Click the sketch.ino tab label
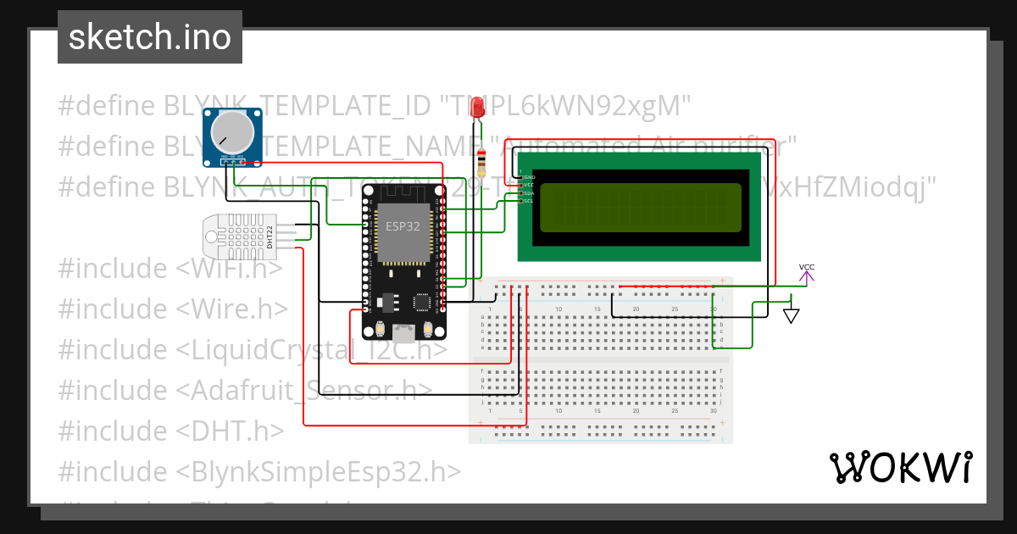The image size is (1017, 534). [150, 38]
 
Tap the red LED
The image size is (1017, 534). [478, 108]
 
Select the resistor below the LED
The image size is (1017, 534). [482, 159]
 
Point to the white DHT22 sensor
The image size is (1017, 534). [241, 236]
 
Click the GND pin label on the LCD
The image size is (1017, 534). [529, 176]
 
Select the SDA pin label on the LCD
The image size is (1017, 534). [529, 193]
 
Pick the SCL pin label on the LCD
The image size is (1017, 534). [529, 201]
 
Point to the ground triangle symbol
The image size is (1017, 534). [792, 316]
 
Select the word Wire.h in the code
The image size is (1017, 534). [233, 309]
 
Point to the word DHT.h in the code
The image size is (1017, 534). [231, 431]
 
